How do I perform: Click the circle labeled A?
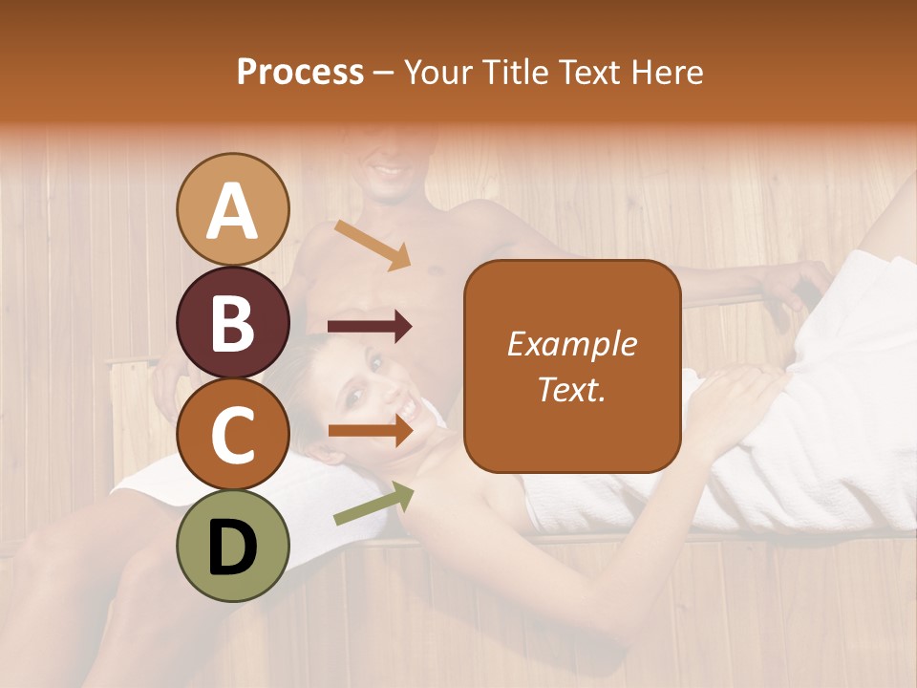click(233, 209)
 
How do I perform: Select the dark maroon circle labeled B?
click(233, 323)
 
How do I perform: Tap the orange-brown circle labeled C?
click(233, 434)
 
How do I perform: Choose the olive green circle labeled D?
click(233, 546)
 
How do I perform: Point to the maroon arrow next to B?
click(370, 328)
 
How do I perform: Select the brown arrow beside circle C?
click(370, 431)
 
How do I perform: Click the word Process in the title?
click(300, 73)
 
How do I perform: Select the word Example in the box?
click(571, 344)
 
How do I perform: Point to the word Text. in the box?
click(571, 389)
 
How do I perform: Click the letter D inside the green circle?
click(233, 547)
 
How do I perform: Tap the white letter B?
click(233, 324)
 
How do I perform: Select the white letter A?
click(233, 211)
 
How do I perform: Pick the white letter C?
click(233, 435)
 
